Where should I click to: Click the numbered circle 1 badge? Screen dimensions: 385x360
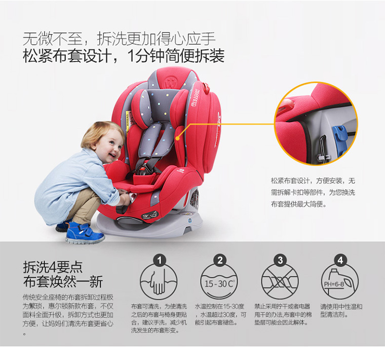click(x=160, y=260)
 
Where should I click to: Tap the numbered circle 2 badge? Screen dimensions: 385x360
click(x=220, y=260)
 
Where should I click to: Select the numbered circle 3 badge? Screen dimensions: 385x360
click(x=280, y=260)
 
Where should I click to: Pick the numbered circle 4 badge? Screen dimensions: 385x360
click(x=340, y=260)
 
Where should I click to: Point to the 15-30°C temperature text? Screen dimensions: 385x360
click(x=219, y=284)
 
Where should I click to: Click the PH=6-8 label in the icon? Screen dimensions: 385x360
click(x=334, y=284)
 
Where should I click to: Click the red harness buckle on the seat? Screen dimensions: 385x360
click(x=142, y=170)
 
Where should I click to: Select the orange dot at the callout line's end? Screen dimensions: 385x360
click(x=177, y=138)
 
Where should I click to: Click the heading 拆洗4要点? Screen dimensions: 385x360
click(x=53, y=267)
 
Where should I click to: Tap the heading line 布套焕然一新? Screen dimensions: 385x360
click(x=63, y=281)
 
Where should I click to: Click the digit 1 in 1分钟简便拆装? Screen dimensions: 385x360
click(x=131, y=56)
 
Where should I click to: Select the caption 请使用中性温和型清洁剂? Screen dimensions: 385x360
click(x=341, y=310)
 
